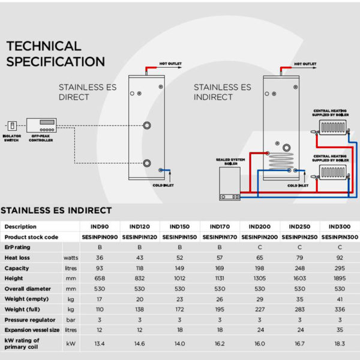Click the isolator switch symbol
12,126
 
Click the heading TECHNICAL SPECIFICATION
55,53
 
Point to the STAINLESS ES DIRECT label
87,92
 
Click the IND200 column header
259,227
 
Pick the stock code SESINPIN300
340,237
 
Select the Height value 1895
340,278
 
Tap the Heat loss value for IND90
100,258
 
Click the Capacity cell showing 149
179,268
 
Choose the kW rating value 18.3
340,344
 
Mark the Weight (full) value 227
259,310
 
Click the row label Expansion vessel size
32,330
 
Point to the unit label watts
71,258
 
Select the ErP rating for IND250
299,247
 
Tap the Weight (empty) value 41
340,299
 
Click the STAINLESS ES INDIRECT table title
56,210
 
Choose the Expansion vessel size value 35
340,330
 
